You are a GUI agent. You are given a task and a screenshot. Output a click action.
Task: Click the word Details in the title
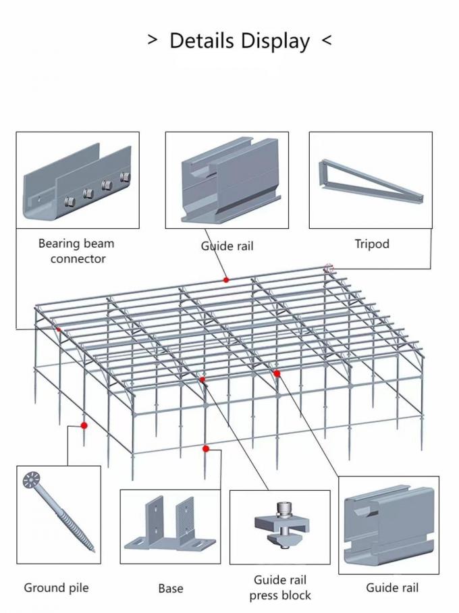click(x=203, y=41)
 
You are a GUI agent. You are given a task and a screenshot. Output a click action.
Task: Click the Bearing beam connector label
click(x=76, y=250)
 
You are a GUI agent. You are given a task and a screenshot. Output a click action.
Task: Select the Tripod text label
click(x=372, y=244)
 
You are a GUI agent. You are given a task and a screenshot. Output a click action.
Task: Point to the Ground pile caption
click(x=56, y=587)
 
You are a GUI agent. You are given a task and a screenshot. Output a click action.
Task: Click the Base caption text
click(x=171, y=589)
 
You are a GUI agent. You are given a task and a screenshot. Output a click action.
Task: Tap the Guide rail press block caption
click(x=280, y=587)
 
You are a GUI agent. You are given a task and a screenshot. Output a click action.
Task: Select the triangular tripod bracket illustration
click(x=371, y=180)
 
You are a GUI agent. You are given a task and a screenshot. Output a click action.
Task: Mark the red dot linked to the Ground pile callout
click(x=84, y=425)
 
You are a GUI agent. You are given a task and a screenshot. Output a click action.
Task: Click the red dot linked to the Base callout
click(x=206, y=448)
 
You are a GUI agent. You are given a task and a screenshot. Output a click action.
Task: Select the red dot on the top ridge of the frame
click(x=226, y=279)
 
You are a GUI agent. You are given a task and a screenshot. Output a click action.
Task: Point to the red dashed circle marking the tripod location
click(x=329, y=269)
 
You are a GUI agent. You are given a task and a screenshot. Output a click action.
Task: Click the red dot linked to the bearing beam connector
click(x=59, y=329)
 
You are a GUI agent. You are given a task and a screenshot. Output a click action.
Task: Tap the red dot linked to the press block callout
click(x=202, y=380)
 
